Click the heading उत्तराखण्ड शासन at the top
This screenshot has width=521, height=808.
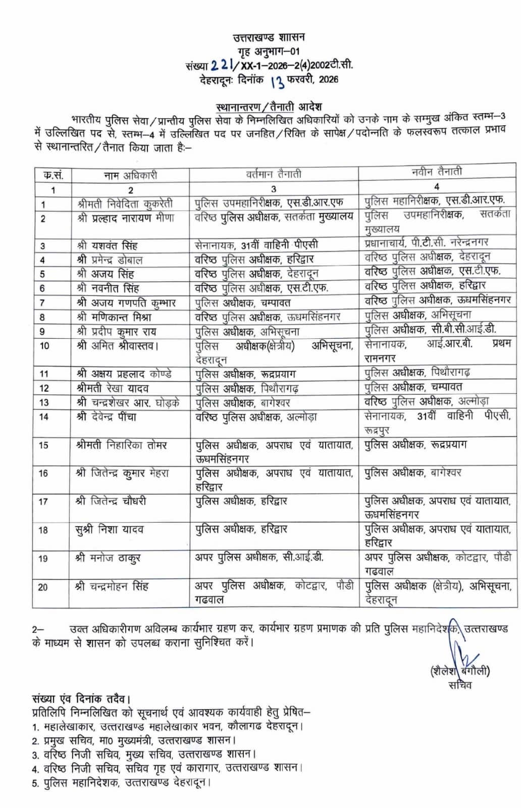268,37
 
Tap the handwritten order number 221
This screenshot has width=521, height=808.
222,65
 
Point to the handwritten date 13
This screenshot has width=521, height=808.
277,80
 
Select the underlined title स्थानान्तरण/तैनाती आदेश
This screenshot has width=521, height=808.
269,107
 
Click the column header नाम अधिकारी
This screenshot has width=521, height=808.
130,175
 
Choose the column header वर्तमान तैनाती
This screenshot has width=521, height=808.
274,174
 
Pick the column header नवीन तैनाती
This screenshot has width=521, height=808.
436,172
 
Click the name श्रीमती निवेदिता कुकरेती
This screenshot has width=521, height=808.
125,204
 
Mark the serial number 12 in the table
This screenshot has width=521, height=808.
44,388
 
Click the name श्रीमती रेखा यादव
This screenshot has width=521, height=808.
113,388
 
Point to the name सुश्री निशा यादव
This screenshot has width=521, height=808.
110,530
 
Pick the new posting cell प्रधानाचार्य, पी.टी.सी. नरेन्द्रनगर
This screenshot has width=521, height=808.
426,242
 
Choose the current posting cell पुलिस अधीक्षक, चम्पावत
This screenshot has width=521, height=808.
242,303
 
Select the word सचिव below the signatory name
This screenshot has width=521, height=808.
459,685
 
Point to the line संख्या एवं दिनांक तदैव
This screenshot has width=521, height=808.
81,699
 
